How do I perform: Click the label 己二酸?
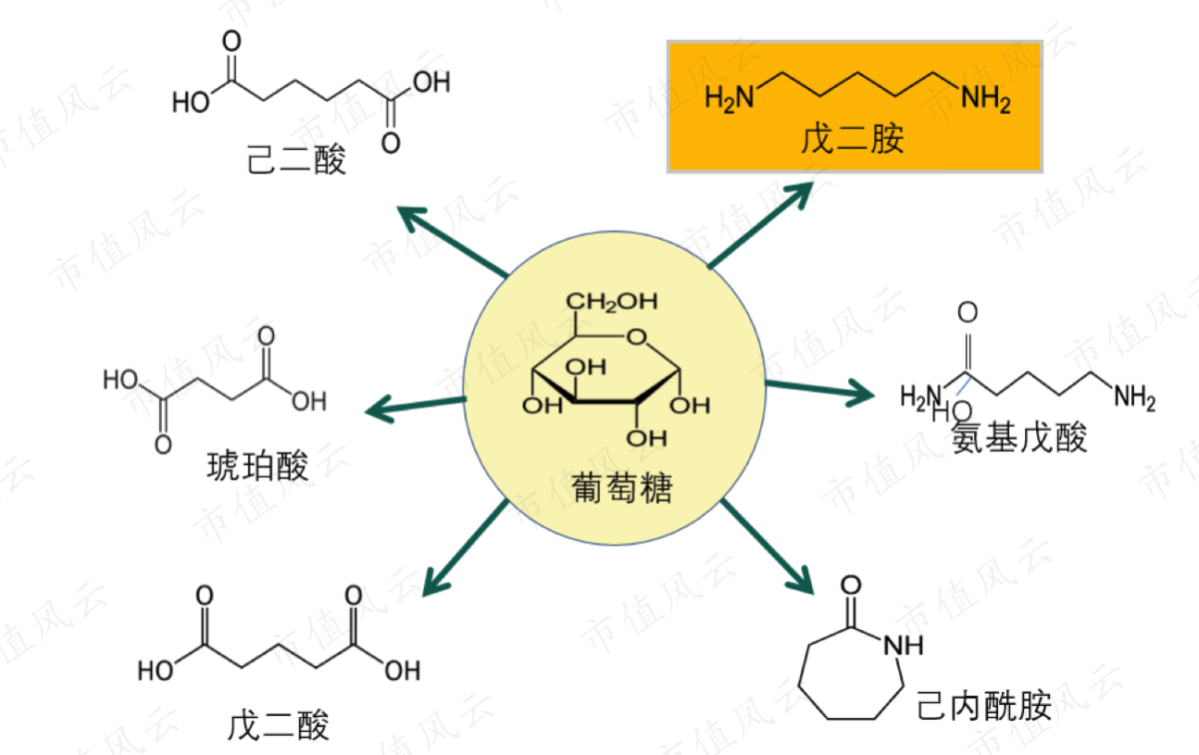[x=296, y=160]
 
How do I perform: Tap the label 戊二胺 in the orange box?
[x=852, y=139]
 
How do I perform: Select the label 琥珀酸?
[x=258, y=466]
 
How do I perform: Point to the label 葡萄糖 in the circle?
[x=621, y=487]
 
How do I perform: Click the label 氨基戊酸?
[x=1019, y=437]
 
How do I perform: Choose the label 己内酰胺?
[x=984, y=706]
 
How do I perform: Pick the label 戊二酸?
[x=279, y=726]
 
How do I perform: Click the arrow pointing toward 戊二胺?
[x=760, y=225]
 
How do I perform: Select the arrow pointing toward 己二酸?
[x=453, y=242]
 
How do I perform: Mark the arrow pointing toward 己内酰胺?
[x=767, y=547]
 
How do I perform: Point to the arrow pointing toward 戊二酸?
[x=466, y=548]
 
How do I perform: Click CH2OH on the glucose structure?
[x=611, y=302]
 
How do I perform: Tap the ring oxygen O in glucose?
[x=636, y=337]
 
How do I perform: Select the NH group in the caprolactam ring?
[x=903, y=645]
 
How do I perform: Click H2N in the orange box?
[x=729, y=99]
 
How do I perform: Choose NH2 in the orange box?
[x=986, y=99]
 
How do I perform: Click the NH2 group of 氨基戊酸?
[x=1135, y=397]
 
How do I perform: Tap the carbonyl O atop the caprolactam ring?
[x=851, y=585]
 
